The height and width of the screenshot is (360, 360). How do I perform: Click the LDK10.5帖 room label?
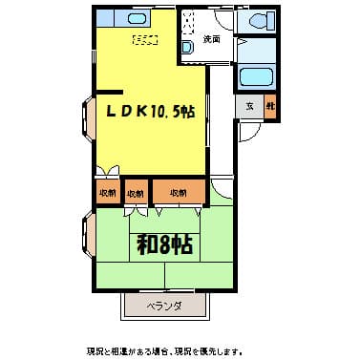(150, 112)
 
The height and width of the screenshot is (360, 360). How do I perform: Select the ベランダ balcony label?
(164, 307)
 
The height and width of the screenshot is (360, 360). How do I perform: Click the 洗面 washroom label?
(212, 39)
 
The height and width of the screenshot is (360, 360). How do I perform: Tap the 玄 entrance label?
(249, 107)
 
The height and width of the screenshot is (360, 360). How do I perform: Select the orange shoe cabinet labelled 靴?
(269, 107)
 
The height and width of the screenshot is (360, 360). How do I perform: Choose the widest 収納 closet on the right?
(179, 193)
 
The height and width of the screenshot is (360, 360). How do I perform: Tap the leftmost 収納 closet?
(106, 193)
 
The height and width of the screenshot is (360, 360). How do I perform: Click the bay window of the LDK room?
(89, 118)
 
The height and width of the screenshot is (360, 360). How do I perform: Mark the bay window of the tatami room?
(89, 239)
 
